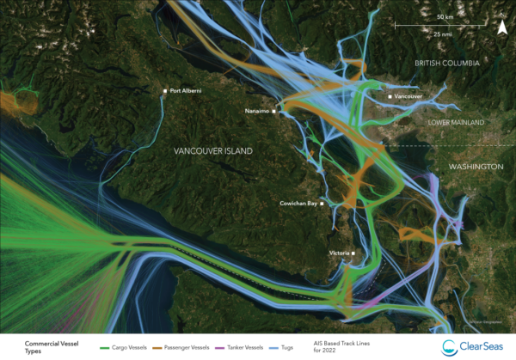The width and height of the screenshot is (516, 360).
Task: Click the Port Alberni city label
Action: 190,90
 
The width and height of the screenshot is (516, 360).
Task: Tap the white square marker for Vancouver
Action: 390,97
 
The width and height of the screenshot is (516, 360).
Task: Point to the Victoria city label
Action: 339,253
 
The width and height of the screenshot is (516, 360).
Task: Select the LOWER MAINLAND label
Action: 457,123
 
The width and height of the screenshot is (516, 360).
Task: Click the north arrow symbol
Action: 501,27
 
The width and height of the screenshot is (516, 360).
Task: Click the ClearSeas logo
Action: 471,346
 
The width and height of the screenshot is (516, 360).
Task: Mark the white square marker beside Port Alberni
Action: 165,90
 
